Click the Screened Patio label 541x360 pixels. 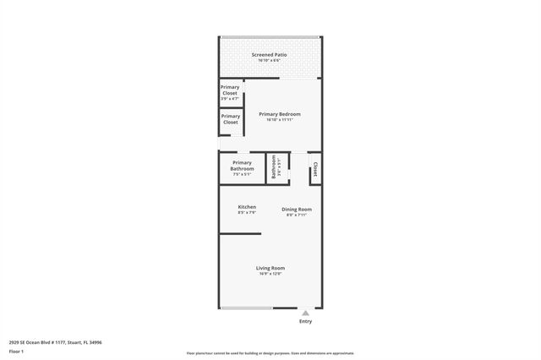coord(269,55)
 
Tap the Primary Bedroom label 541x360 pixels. coord(279,114)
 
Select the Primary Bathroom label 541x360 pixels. coord(242,166)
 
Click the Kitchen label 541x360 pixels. coord(247,207)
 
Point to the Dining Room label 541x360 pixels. coord(297,210)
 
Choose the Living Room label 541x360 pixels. coord(270,268)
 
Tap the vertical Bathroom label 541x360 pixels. coord(274,166)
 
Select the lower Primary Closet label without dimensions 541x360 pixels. coord(230,119)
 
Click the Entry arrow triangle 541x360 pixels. coord(305,313)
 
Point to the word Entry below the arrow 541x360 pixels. coord(305,322)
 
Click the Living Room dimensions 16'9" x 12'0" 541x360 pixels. coord(270,274)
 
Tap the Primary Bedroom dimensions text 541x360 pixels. coord(279,120)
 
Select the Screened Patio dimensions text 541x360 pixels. coord(269,61)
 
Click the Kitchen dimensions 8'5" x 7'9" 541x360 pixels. coord(247,213)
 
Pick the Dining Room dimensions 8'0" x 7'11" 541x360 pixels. coord(297,215)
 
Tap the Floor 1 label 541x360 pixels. coord(16,351)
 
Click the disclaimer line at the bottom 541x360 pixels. coord(270,353)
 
